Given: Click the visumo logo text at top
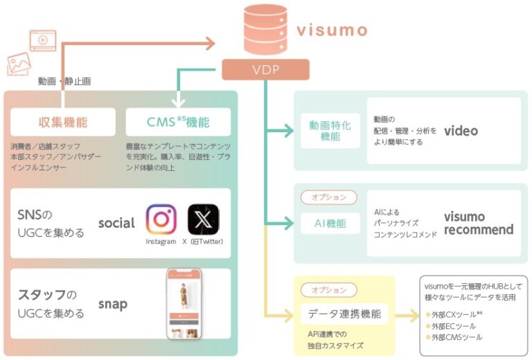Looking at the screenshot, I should (332, 30).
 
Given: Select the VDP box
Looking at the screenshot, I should (265, 69).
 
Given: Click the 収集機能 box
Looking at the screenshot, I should (62, 123).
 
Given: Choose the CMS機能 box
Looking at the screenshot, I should (178, 123).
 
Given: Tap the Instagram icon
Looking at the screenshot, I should (161, 219).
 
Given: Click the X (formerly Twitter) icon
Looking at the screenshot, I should (204, 219).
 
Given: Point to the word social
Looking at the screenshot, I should (116, 223).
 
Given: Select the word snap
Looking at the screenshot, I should (113, 304).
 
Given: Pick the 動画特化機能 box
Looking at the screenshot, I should (330, 131).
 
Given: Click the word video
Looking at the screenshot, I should (461, 131).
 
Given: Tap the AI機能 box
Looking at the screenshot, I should (330, 223).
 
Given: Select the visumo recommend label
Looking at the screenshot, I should (479, 223).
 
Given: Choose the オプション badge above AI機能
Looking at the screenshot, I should (329, 197).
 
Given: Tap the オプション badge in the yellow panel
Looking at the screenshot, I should (329, 289).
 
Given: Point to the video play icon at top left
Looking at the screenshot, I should (43, 40).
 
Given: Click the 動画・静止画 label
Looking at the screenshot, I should (64, 82).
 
